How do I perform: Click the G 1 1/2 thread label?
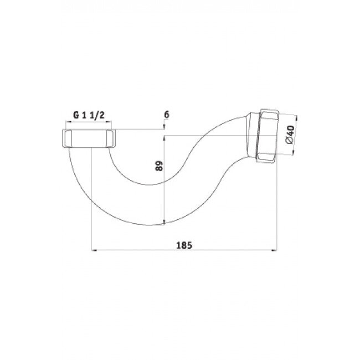coord(90,115)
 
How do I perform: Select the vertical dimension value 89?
coord(158,166)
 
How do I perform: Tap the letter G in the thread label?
coord(75,115)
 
